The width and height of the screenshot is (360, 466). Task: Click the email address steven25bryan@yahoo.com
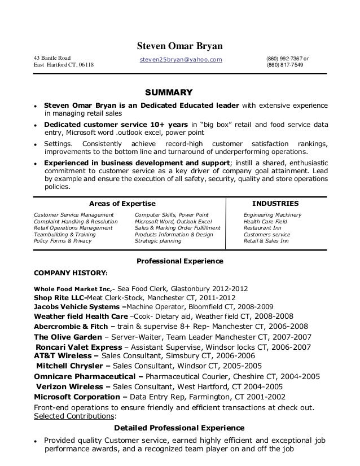click(x=181, y=59)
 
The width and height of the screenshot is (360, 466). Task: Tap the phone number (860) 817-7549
click(x=284, y=65)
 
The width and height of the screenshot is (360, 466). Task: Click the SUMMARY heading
click(x=169, y=92)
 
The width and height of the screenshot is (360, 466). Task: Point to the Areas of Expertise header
click(x=122, y=203)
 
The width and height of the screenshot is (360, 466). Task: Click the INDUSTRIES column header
click(x=275, y=203)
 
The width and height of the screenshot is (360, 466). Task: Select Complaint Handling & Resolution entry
click(x=76, y=222)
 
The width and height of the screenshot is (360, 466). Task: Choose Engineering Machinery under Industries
click(x=272, y=216)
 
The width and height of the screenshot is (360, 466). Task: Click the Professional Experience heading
click(x=180, y=261)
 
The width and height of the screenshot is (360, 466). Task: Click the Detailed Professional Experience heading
click(x=179, y=428)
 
